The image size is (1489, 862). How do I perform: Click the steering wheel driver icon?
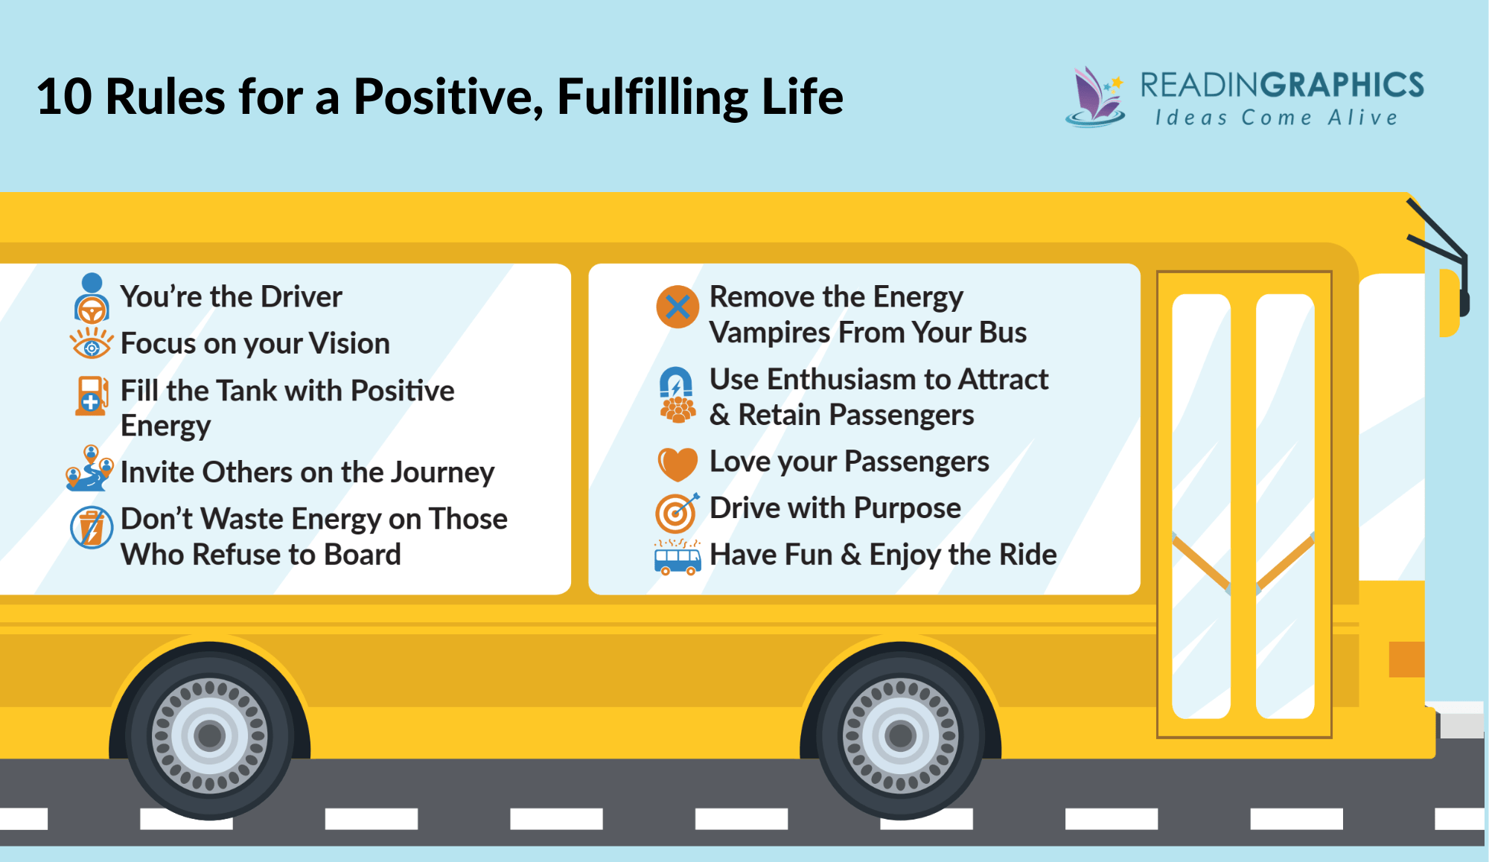pyautogui.click(x=92, y=298)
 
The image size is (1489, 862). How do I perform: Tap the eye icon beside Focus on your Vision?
pyautogui.click(x=91, y=345)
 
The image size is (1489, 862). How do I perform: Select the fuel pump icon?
pyautogui.click(x=91, y=395)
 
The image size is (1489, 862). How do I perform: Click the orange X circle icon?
pyautogui.click(x=677, y=307)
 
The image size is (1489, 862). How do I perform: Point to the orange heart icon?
pyautogui.click(x=677, y=464)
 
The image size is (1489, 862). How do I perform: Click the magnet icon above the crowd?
pyautogui.click(x=676, y=383)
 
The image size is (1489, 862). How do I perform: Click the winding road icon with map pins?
pyautogui.click(x=89, y=470)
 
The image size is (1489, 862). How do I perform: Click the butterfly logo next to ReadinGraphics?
pyautogui.click(x=1095, y=98)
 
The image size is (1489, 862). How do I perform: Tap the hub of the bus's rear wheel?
pyautogui.click(x=210, y=735)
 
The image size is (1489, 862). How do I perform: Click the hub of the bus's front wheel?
pyautogui.click(x=900, y=735)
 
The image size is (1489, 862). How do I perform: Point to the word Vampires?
pyautogui.click(x=770, y=333)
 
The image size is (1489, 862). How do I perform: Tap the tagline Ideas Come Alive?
pyautogui.click(x=1276, y=118)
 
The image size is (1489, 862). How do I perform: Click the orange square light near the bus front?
pyautogui.click(x=1406, y=660)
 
